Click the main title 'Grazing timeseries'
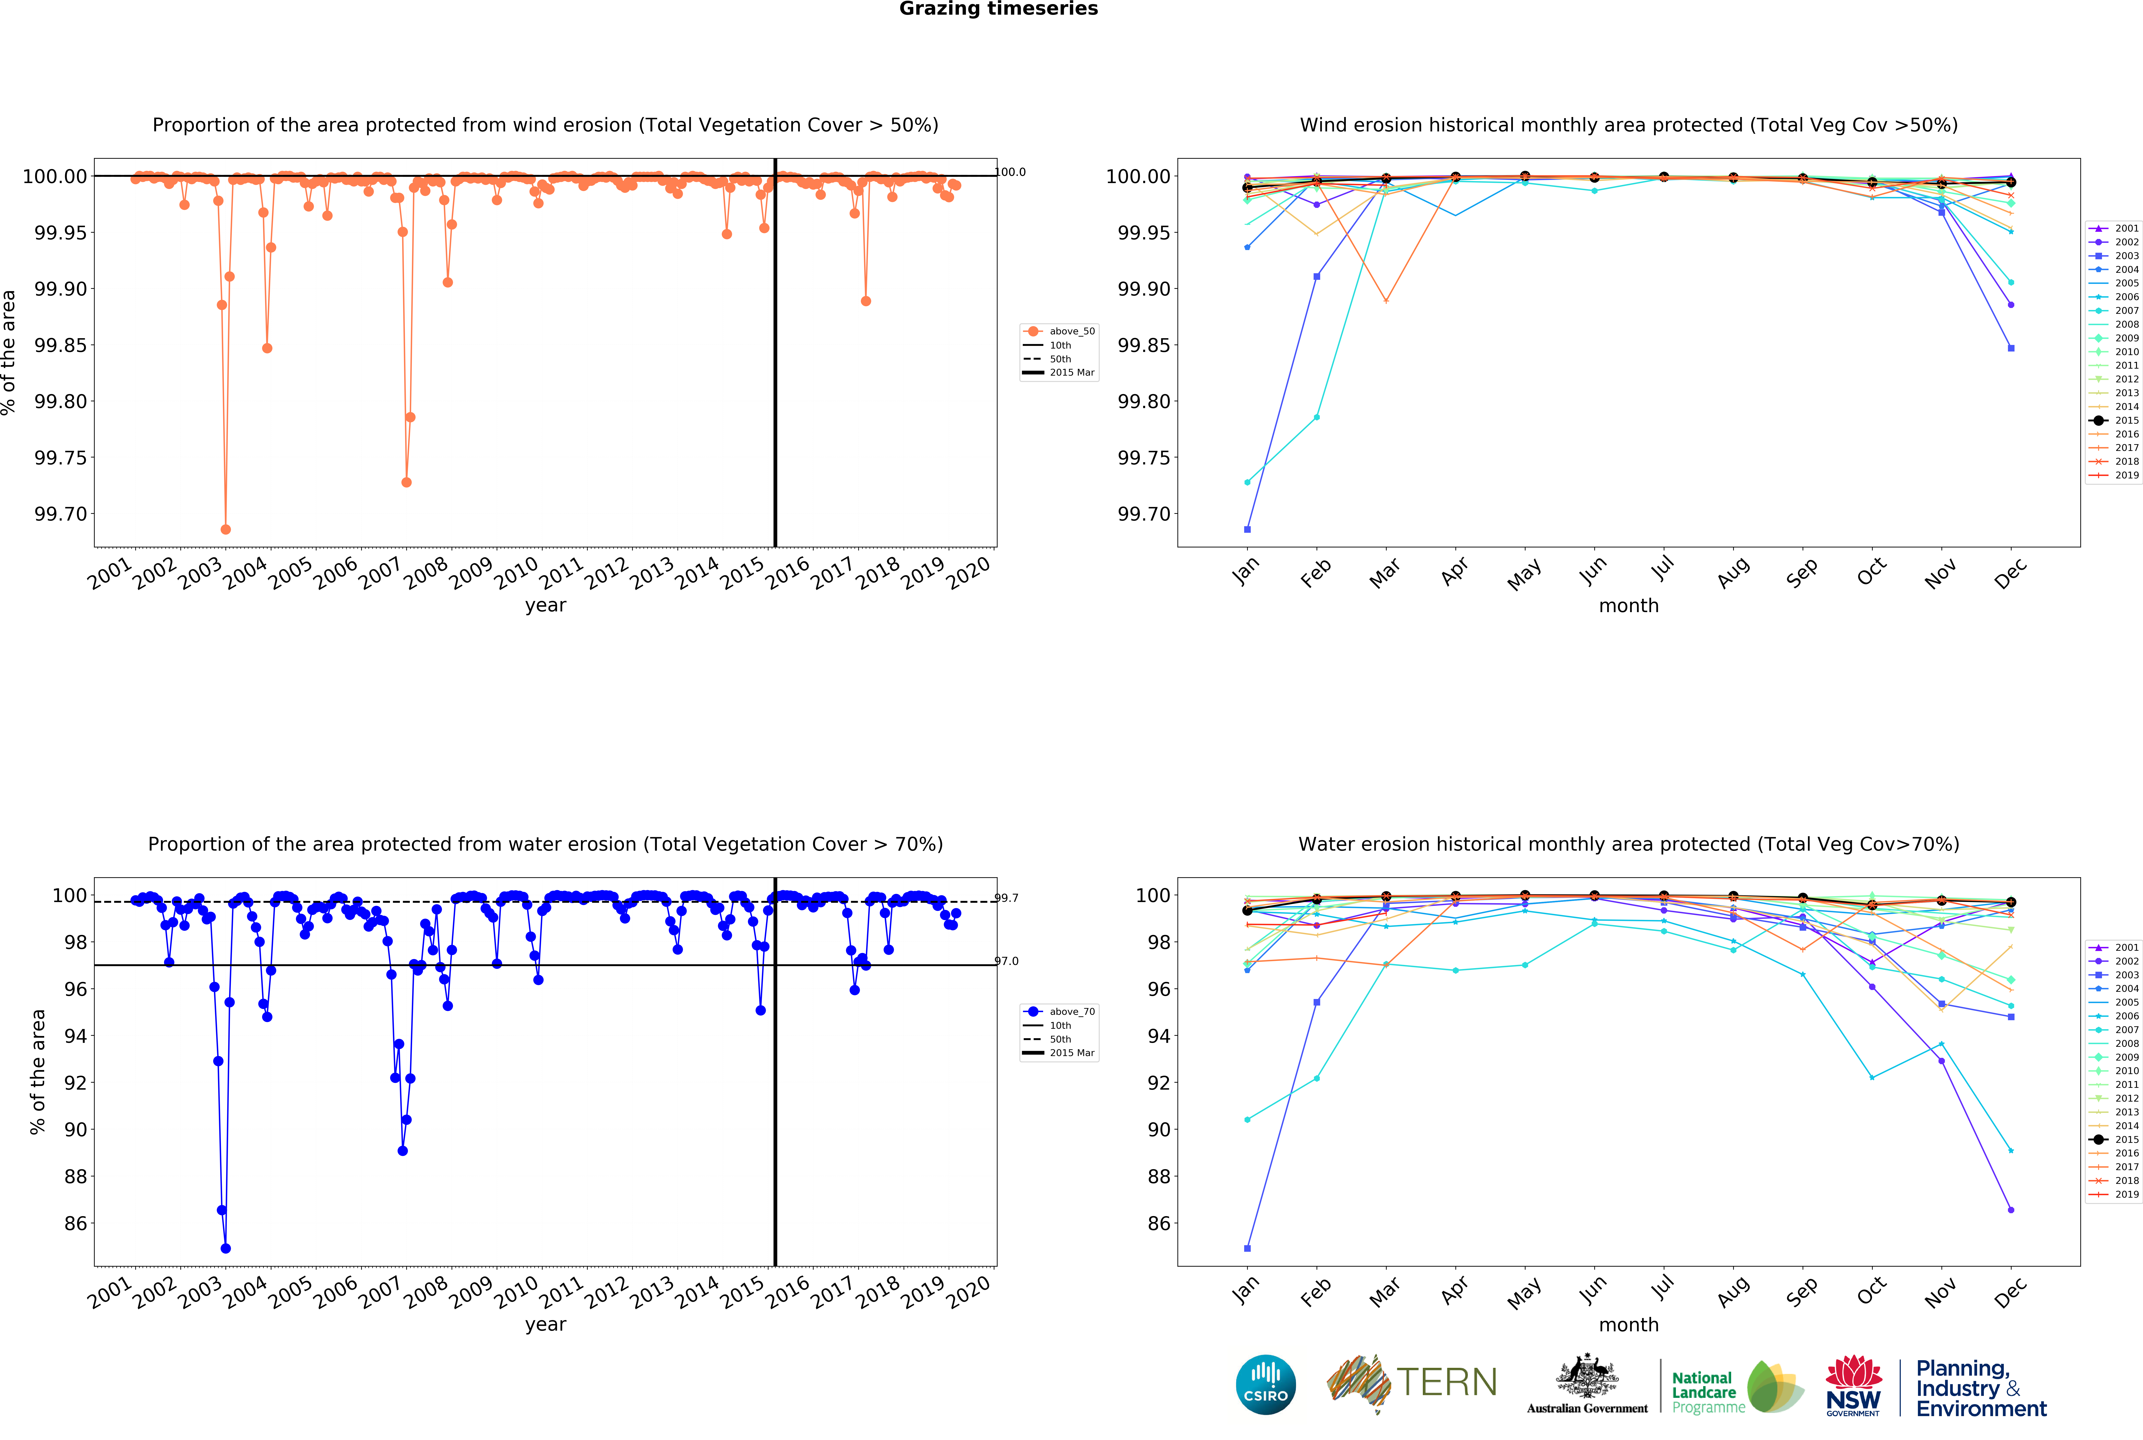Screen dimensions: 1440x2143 [x=998, y=9]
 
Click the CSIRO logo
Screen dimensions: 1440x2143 [x=1265, y=1384]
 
